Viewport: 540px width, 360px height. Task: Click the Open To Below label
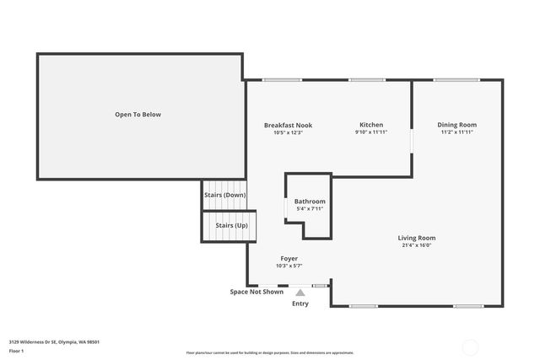point(138,115)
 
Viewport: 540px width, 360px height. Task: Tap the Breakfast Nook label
point(288,125)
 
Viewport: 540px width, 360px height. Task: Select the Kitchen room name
point(371,125)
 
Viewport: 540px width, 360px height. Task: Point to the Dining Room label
point(456,125)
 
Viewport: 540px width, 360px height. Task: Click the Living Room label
point(417,238)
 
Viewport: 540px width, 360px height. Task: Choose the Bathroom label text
point(310,201)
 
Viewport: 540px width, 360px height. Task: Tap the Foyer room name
point(289,258)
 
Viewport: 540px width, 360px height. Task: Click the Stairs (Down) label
point(224,195)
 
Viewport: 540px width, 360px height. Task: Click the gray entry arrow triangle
point(300,292)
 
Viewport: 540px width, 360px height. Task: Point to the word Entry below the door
point(300,304)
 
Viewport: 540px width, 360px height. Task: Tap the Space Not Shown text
point(256,292)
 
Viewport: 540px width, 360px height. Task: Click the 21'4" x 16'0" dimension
point(417,245)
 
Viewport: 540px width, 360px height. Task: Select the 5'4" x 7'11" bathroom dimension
point(310,209)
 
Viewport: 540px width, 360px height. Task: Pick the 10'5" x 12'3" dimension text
point(288,132)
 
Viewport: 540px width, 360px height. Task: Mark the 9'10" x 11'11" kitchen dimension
point(371,132)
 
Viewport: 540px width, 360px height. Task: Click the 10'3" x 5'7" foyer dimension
point(289,266)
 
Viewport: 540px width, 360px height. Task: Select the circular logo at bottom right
point(471,346)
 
